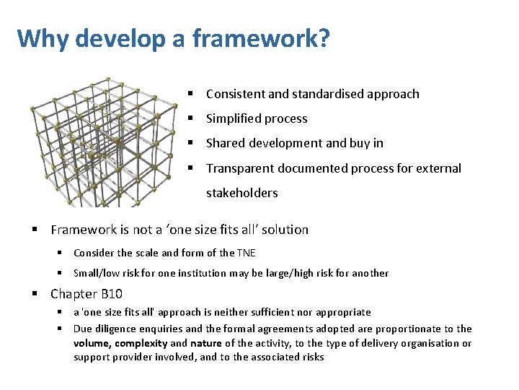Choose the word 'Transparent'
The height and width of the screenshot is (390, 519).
click(x=240, y=168)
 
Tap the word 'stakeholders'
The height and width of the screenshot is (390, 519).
click(x=241, y=193)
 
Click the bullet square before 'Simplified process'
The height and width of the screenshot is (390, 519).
click(x=191, y=118)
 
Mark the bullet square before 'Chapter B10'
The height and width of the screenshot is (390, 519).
click(x=35, y=294)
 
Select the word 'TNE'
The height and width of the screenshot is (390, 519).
click(x=246, y=253)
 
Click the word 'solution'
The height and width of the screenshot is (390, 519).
click(x=285, y=230)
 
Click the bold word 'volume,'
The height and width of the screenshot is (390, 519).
click(x=92, y=343)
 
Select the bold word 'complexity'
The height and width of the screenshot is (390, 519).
click(x=141, y=343)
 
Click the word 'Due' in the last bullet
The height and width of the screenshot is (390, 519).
click(x=82, y=329)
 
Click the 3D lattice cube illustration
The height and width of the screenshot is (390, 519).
click(x=105, y=141)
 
